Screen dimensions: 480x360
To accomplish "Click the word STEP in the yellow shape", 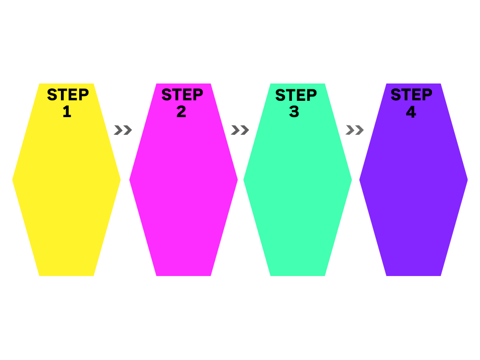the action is tap(68, 95).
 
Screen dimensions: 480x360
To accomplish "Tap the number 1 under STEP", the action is tap(67, 111).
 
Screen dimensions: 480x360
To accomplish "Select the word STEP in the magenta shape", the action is tap(182, 95).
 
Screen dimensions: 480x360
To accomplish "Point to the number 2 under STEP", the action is tap(181, 111).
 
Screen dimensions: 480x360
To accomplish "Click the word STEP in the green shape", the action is tap(296, 95).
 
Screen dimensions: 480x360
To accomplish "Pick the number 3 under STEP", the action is tap(294, 111).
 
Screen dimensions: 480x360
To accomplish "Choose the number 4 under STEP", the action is tap(411, 111).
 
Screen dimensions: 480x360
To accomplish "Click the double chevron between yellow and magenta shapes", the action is tap(123, 130).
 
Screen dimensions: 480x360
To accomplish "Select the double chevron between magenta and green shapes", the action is tap(240, 130).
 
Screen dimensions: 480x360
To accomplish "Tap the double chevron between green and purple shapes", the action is tap(355, 130).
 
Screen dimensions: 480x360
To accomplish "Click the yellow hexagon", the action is tap(66, 190).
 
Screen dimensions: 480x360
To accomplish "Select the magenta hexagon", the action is tap(184, 190).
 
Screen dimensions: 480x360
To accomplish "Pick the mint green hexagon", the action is tap(298, 190).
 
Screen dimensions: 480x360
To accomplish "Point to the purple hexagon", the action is tap(414, 190).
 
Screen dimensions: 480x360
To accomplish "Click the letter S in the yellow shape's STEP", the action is tap(52, 95).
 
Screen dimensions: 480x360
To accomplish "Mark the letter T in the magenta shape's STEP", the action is tap(177, 95).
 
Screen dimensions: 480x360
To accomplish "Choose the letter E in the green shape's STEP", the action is tap(301, 95).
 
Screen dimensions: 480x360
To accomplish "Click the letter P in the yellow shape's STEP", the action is tap(84, 95).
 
